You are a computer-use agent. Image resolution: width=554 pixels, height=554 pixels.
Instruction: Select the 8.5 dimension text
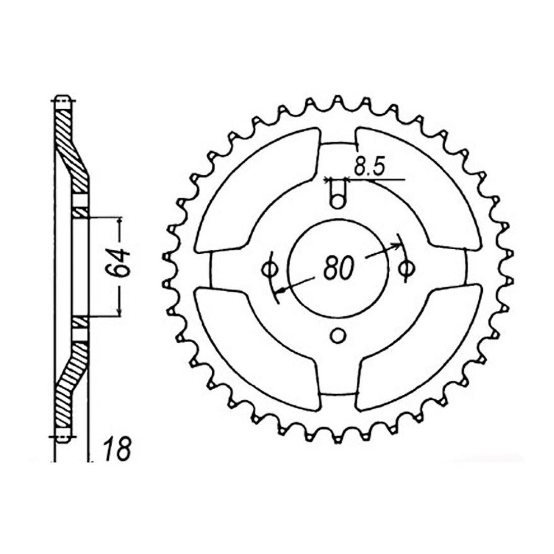[368, 166]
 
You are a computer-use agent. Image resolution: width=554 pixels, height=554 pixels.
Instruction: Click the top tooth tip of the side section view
[63, 100]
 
